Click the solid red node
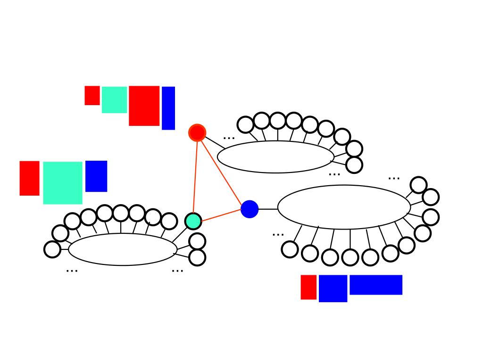(197, 132)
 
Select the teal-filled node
(193, 221)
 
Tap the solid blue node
(250, 209)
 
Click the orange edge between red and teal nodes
(195, 177)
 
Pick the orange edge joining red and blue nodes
(223, 170)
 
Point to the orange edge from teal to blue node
(221, 215)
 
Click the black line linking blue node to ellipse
(268, 209)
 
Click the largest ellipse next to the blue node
(344, 207)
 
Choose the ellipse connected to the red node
(275, 157)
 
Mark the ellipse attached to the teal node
(123, 249)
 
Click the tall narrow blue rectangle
(168, 108)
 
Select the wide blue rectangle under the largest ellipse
(376, 285)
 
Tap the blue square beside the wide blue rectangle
(333, 288)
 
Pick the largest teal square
(63, 183)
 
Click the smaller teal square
(114, 99)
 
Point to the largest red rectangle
(144, 106)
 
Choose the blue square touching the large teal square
(96, 176)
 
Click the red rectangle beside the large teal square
(29, 178)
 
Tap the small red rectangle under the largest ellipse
(308, 287)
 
